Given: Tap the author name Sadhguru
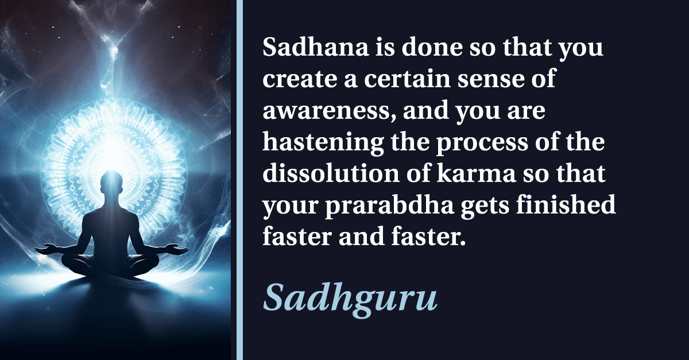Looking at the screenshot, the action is tap(350, 297).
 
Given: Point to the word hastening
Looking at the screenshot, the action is tap(323, 143).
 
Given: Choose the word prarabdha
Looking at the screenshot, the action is tap(389, 206).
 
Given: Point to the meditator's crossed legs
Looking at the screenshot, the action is tap(110, 265).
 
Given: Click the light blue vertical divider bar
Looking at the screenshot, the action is tap(239, 180).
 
